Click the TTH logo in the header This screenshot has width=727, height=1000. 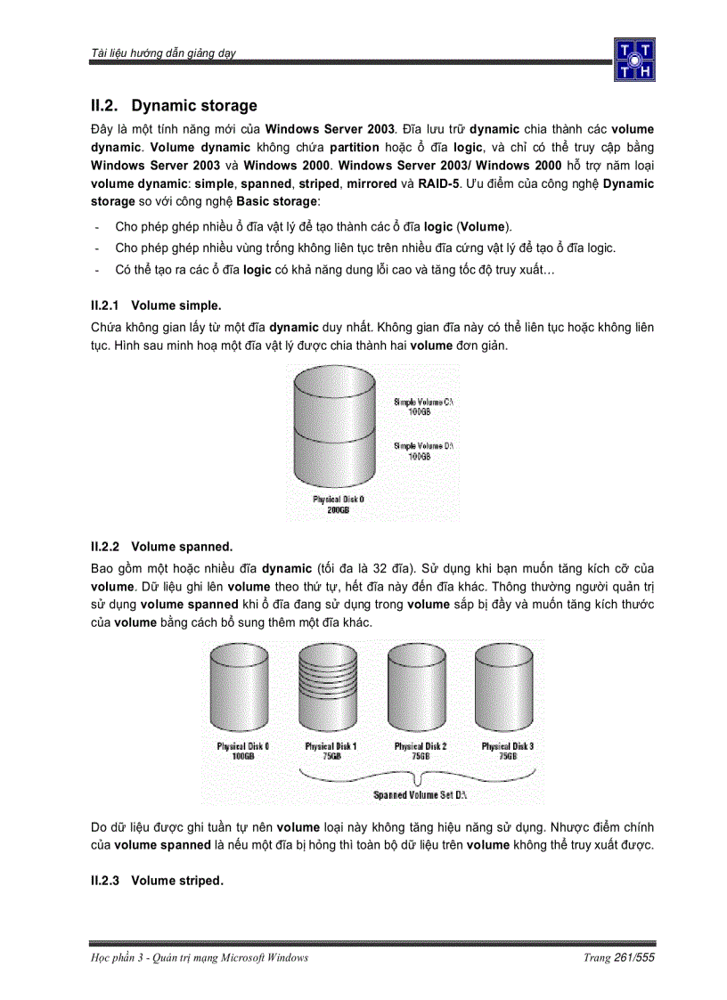tap(633, 60)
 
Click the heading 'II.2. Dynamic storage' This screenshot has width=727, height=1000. tap(174, 106)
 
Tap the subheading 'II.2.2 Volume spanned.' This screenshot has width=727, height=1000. tap(161, 546)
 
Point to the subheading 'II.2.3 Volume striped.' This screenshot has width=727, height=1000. tap(157, 881)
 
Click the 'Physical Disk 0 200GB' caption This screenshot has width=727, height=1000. tap(338, 505)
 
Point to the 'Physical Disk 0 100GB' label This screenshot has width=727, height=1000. tap(243, 751)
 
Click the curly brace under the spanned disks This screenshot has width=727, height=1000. tap(420, 774)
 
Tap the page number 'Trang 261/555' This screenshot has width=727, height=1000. tap(619, 957)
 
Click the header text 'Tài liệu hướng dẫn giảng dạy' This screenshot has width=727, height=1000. tap(163, 53)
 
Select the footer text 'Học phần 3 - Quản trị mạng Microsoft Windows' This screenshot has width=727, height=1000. tap(200, 957)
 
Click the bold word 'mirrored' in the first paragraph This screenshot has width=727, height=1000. tap(372, 183)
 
